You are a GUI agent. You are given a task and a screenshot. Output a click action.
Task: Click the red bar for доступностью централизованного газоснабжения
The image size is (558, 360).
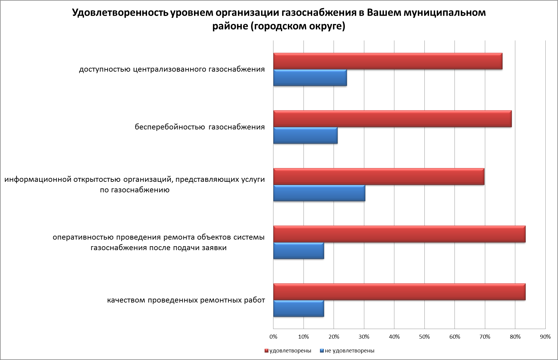[x=387, y=61]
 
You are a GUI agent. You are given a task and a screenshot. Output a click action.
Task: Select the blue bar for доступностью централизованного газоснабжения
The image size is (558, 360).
[x=310, y=78]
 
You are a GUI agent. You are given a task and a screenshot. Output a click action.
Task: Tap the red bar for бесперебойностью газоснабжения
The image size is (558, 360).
[x=392, y=119]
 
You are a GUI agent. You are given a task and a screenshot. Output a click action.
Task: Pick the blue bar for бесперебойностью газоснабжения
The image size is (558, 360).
[x=305, y=135]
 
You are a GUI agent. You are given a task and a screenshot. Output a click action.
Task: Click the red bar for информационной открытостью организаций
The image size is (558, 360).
[x=379, y=176]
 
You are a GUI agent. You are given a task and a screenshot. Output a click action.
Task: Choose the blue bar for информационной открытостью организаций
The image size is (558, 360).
[x=319, y=193]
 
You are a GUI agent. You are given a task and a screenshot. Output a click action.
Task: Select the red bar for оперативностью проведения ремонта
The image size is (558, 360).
[x=399, y=234]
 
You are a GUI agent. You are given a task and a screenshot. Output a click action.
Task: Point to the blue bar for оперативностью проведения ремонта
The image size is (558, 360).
[x=298, y=251]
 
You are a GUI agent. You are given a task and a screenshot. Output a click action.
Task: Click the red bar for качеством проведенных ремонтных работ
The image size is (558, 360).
[x=399, y=292]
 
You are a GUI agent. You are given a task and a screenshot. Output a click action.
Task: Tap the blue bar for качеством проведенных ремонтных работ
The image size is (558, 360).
[x=298, y=309]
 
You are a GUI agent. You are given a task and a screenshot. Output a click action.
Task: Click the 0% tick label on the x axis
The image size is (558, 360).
[x=273, y=337]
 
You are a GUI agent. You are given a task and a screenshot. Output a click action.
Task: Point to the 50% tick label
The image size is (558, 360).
[x=424, y=337]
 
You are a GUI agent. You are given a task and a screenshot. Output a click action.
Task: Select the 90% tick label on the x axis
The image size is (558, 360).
[x=545, y=337]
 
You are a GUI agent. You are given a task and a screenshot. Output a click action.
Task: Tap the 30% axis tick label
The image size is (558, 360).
[x=364, y=337]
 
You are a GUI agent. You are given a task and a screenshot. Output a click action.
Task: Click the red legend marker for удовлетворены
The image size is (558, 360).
[x=267, y=351]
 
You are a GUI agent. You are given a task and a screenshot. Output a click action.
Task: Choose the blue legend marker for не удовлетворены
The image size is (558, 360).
[x=322, y=351]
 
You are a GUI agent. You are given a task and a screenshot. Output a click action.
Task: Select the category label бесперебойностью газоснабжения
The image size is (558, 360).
[x=200, y=127]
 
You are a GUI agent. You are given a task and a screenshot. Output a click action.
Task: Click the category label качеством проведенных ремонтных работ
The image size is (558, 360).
[x=186, y=300]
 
